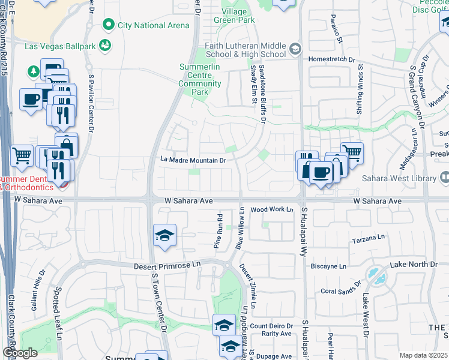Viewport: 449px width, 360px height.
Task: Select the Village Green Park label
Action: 234,16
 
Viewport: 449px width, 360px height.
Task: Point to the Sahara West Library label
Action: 399,178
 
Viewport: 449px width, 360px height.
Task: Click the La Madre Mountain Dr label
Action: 193,160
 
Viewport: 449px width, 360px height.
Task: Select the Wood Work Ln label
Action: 271,209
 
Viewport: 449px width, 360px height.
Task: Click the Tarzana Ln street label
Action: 367,239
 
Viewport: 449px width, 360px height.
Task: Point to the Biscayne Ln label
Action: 330,266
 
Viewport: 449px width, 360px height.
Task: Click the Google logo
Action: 20,353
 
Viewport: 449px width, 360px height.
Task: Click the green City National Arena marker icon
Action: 109,25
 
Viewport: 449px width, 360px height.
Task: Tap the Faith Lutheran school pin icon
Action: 295,49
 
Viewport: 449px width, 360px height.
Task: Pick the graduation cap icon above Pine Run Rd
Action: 164,235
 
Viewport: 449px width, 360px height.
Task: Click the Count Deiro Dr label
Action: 271,326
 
